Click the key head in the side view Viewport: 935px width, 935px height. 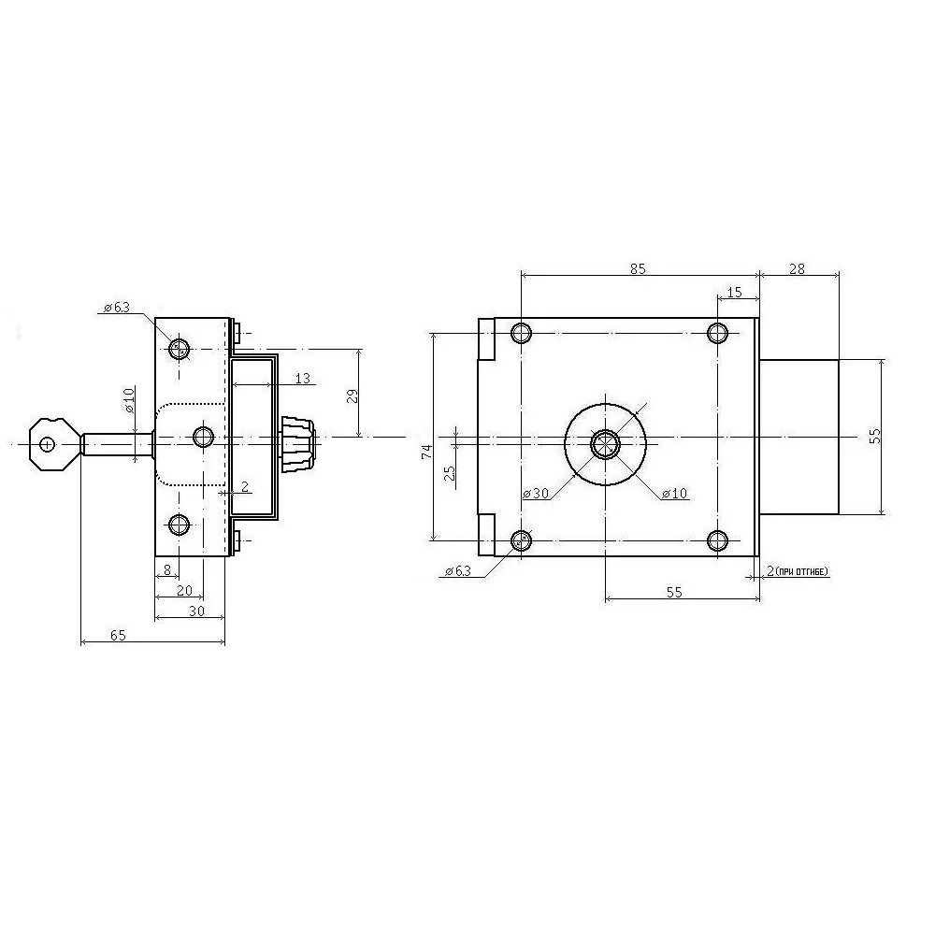pos(52,443)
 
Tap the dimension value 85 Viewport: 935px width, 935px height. pos(638,268)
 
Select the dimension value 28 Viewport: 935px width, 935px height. pos(798,268)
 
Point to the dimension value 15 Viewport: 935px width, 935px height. pos(734,293)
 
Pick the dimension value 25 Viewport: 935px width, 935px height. pos(450,472)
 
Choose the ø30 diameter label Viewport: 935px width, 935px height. pos(536,493)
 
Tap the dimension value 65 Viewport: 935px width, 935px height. pos(119,635)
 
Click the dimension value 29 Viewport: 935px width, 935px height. pos(352,396)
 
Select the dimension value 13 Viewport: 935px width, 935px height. pos(301,378)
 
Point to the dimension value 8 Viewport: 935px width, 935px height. pos(166,568)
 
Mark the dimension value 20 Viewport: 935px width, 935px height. pos(184,590)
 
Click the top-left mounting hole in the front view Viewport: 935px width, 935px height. pos(522,333)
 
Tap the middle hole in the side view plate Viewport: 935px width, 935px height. pos(204,436)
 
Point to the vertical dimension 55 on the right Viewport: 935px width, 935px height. pos(874,437)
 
